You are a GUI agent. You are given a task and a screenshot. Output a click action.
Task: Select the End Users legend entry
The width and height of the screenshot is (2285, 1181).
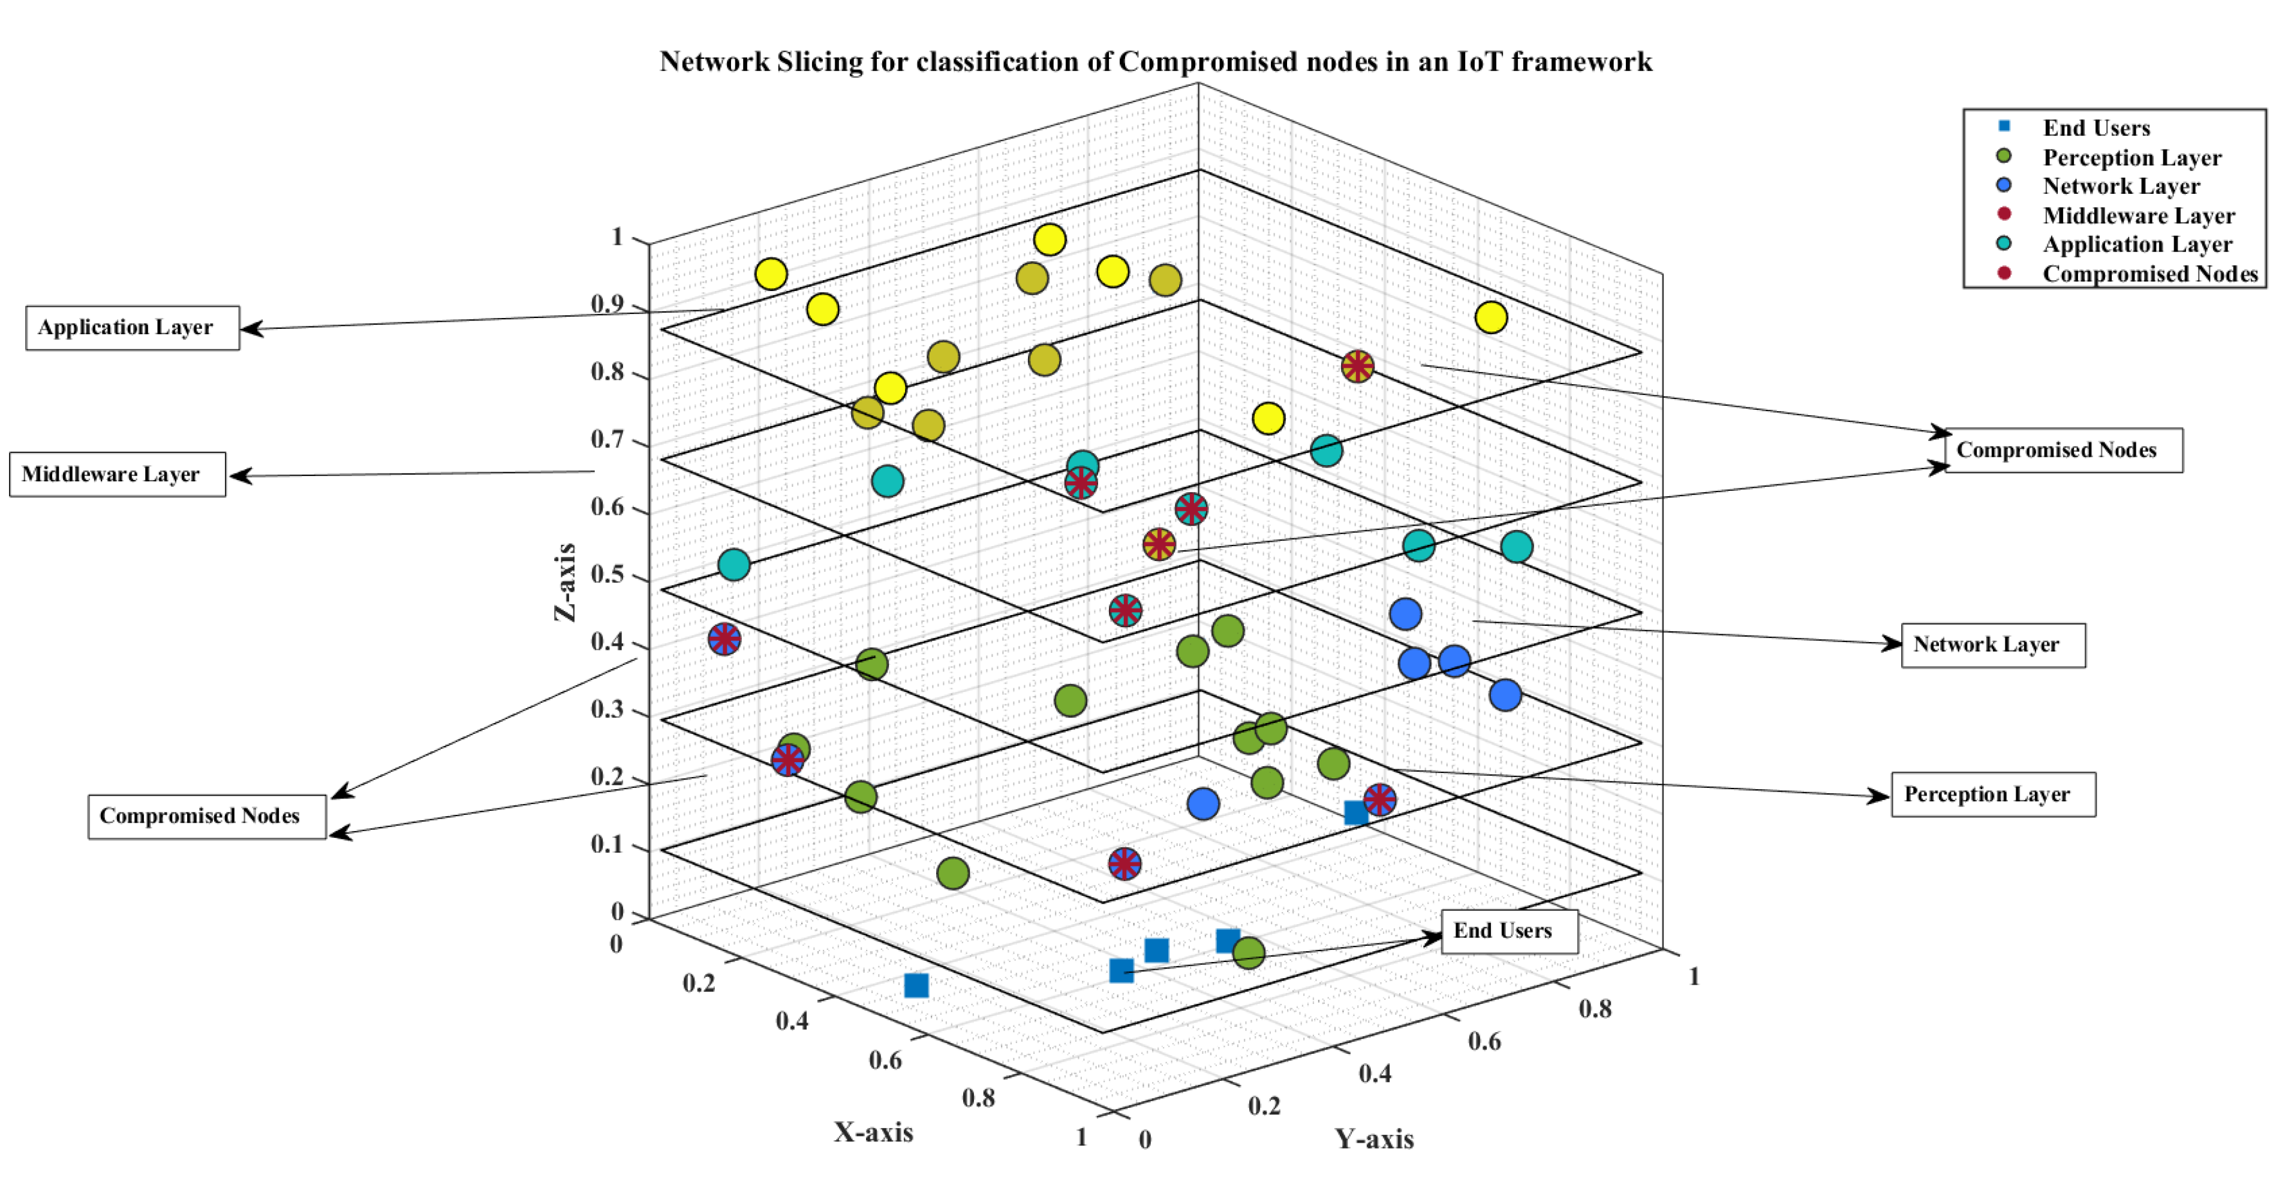pyautogui.click(x=2095, y=128)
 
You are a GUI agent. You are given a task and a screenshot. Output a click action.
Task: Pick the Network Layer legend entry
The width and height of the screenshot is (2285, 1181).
pyautogui.click(x=2120, y=187)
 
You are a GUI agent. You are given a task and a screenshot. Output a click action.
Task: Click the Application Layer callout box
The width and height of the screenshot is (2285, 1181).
pyautogui.click(x=132, y=328)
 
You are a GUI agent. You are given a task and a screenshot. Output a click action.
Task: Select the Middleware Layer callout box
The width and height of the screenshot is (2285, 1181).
pyautogui.click(x=117, y=475)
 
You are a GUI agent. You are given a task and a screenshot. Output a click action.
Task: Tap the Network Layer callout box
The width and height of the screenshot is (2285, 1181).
pyautogui.click(x=1992, y=645)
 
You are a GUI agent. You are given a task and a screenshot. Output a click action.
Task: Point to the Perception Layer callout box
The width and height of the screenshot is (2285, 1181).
pyautogui.click(x=1992, y=794)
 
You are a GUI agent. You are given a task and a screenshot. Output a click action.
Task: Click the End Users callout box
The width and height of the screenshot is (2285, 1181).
pyautogui.click(x=1508, y=931)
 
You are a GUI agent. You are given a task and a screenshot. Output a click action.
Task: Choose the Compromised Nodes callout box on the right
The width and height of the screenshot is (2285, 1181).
pyautogui.click(x=2062, y=451)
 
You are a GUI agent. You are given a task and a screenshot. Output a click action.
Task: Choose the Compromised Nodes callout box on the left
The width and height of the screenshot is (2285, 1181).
pyautogui.click(x=206, y=816)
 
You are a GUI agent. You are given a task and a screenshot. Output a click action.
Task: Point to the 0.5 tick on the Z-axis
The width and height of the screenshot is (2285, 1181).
pyautogui.click(x=607, y=574)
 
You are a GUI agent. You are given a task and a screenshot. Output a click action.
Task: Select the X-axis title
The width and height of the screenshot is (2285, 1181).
pyautogui.click(x=873, y=1132)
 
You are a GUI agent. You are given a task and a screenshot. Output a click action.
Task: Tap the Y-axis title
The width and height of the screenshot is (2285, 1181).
pyautogui.click(x=1373, y=1140)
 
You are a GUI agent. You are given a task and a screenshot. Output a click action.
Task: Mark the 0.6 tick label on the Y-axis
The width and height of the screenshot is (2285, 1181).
pyautogui.click(x=1484, y=1041)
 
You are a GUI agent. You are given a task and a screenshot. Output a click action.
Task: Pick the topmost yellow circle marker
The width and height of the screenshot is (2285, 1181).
pyautogui.click(x=1050, y=239)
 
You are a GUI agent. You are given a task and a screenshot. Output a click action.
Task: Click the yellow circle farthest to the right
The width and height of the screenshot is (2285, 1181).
pyautogui.click(x=1491, y=317)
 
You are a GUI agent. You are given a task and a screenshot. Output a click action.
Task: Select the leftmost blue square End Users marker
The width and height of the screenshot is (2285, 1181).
pyautogui.click(x=916, y=985)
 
